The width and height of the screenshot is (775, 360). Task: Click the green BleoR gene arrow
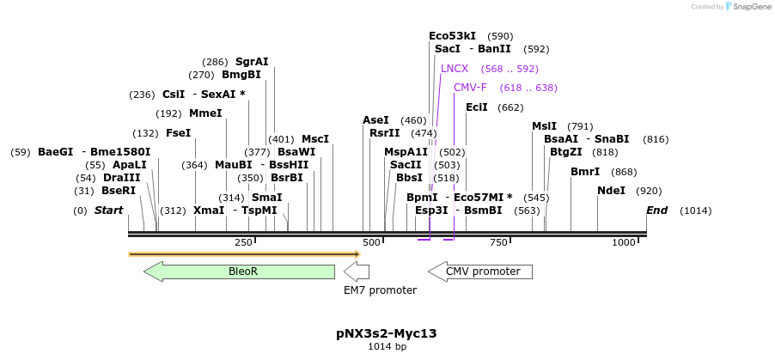(x=240, y=272)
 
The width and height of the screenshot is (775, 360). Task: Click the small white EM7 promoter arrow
(x=357, y=272)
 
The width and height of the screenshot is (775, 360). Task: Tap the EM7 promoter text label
(x=380, y=290)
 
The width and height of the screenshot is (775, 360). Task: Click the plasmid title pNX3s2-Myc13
(x=387, y=333)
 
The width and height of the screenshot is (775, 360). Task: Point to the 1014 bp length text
(x=387, y=347)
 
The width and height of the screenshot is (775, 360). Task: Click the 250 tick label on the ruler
(x=243, y=243)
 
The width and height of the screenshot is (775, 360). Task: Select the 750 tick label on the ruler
(x=498, y=243)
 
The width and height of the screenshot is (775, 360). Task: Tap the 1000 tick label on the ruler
(x=623, y=243)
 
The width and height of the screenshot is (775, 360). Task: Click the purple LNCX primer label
(x=455, y=69)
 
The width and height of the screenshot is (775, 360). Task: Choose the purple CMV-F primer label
(x=470, y=88)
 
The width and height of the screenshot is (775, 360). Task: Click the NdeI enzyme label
(x=611, y=191)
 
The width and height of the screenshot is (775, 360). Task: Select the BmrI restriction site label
(x=585, y=172)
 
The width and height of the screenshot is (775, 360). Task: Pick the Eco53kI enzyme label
(x=452, y=36)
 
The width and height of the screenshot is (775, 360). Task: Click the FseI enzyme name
(x=178, y=133)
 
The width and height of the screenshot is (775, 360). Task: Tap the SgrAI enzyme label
(x=252, y=62)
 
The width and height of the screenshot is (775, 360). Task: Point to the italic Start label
(x=108, y=211)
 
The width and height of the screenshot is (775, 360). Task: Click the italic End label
(x=656, y=211)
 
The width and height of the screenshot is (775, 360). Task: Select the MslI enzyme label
(x=544, y=126)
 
